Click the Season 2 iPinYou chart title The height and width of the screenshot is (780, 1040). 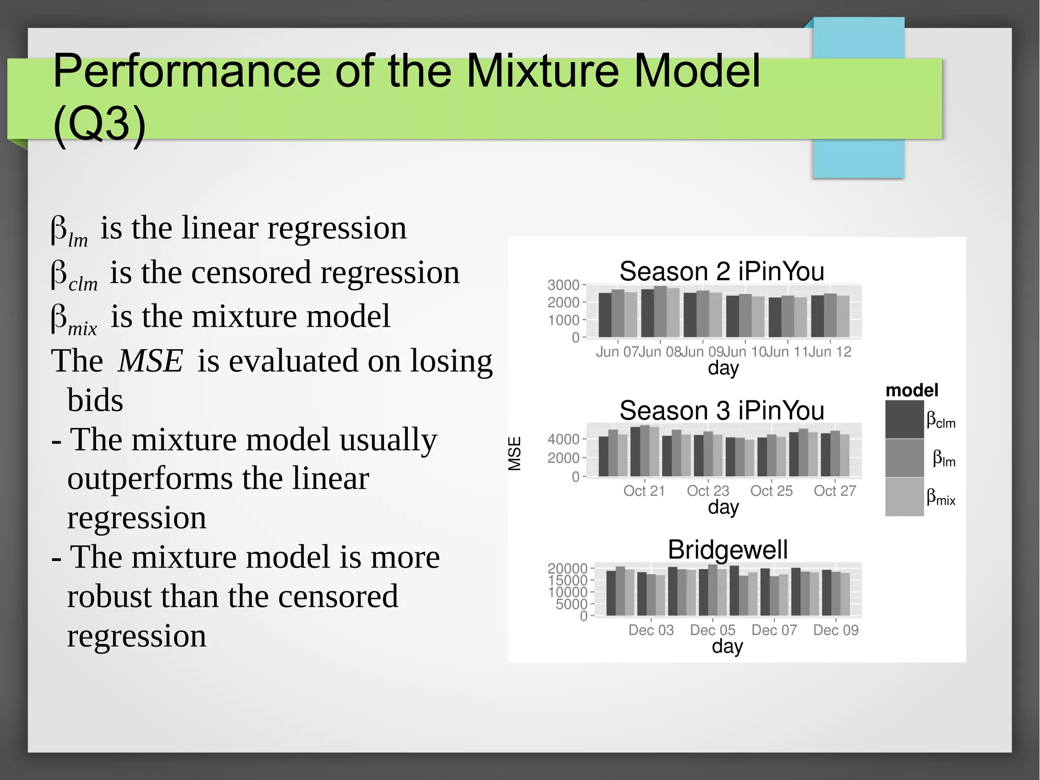pos(721,271)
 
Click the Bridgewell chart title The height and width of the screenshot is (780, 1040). pos(727,550)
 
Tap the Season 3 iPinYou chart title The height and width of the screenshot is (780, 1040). pos(721,411)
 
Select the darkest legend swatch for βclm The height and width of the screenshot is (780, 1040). pos(904,420)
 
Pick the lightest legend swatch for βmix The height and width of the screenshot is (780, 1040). pos(904,497)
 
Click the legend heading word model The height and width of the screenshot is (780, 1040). pos(912,390)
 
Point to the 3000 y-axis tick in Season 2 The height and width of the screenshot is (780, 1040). pos(563,285)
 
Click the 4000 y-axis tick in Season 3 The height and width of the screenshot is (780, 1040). pos(563,439)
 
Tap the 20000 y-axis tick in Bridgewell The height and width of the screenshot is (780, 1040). pos(567,569)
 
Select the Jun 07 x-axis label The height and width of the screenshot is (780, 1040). pos(617,352)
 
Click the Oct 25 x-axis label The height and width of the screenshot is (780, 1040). pos(771,491)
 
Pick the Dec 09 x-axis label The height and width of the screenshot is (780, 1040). pos(835,630)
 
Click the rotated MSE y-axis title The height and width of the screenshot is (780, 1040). pos(514,453)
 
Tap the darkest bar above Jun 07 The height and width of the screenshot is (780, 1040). pos(605,315)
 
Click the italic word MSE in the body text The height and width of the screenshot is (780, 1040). pos(150,361)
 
